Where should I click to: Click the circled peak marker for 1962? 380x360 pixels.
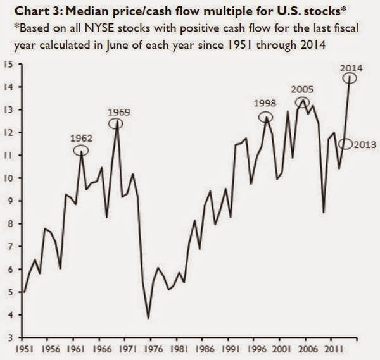(81, 151)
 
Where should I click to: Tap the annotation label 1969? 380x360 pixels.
(118, 112)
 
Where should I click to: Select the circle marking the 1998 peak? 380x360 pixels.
(266, 117)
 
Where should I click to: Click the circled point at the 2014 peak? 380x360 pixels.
(350, 78)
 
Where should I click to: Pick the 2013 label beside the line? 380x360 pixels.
(367, 145)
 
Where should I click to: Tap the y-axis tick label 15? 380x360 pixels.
(9, 64)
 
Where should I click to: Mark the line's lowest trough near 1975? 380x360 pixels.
(148, 318)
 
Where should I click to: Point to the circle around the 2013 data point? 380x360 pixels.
(345, 145)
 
